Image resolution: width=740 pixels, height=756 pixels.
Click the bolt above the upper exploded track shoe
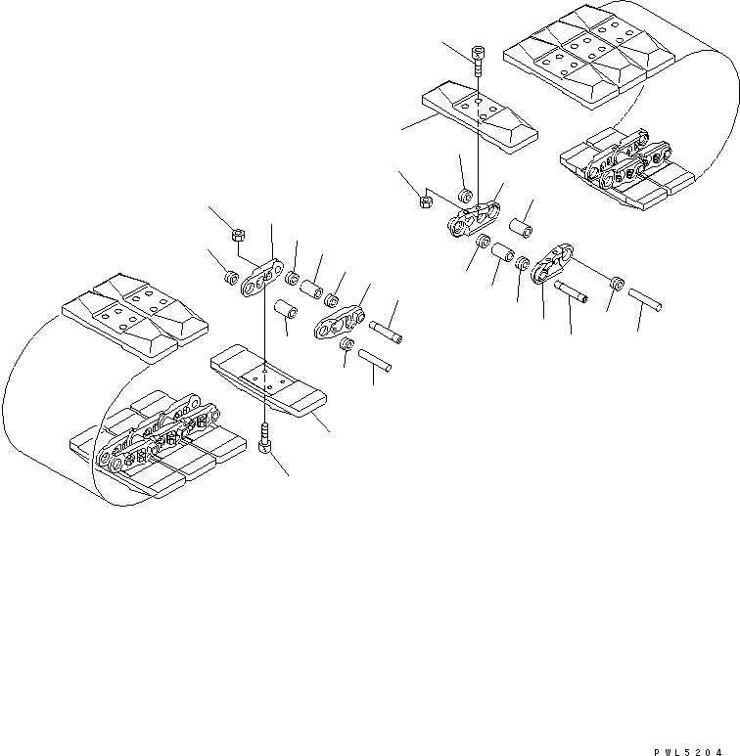[x=477, y=60]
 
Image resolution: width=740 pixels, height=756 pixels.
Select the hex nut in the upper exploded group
[x=426, y=202]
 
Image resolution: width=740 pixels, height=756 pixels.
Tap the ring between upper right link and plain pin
[x=617, y=282]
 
